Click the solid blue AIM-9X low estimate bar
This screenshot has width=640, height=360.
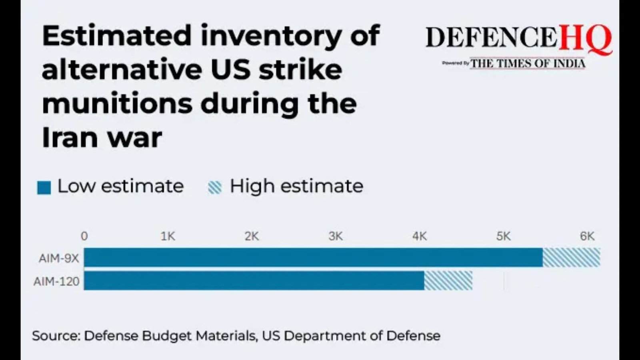click(313, 257)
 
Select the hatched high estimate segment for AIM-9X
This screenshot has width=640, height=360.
click(571, 257)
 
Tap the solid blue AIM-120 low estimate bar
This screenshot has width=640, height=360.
click(254, 280)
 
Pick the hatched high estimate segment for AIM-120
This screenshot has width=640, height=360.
click(448, 280)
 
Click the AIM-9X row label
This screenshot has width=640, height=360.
click(59, 258)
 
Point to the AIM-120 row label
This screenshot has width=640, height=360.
click(56, 282)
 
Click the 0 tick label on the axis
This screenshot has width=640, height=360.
click(84, 236)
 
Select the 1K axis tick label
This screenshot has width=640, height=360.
click(168, 236)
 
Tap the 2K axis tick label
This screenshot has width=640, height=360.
click(252, 236)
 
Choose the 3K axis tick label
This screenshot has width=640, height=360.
click(336, 236)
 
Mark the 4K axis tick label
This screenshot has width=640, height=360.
click(420, 236)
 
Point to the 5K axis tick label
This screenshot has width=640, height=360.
click(504, 236)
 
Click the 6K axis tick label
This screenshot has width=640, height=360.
click(587, 236)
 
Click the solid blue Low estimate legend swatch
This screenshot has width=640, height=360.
click(44, 187)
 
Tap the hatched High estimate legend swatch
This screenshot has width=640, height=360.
click(215, 187)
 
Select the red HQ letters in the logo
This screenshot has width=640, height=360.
click(585, 39)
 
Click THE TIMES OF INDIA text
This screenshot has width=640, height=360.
click(528, 64)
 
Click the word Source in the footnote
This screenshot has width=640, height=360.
click(56, 336)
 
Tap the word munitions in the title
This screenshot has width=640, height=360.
click(117, 104)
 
